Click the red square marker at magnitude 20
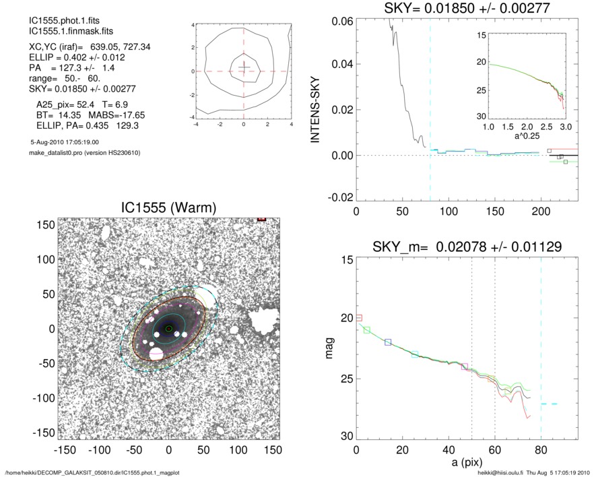click(x=359, y=317)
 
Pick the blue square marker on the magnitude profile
click(x=388, y=342)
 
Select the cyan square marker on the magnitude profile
click(x=415, y=354)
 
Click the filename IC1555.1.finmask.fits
click(x=64, y=32)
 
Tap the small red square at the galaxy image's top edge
click(x=262, y=219)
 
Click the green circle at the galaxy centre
click(x=169, y=329)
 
